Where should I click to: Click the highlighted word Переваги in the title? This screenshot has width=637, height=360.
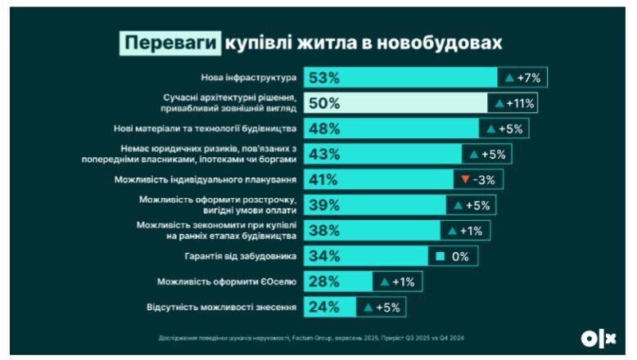point(169,42)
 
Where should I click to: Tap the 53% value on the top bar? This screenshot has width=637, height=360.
point(323,78)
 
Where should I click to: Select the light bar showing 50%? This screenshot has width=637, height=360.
point(396,103)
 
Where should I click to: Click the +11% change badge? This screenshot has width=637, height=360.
point(515,103)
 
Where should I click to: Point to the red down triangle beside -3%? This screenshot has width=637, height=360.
point(464,179)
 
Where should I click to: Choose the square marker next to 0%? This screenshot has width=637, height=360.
point(439,256)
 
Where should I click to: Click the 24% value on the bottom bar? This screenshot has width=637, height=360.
point(323,308)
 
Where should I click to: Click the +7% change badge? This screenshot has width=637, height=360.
point(524,78)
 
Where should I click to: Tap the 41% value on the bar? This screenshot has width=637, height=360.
point(323,179)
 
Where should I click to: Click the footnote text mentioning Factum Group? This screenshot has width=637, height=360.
point(316,337)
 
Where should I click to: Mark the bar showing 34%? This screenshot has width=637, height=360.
point(365,256)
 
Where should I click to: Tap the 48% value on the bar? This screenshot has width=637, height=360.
point(323,128)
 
